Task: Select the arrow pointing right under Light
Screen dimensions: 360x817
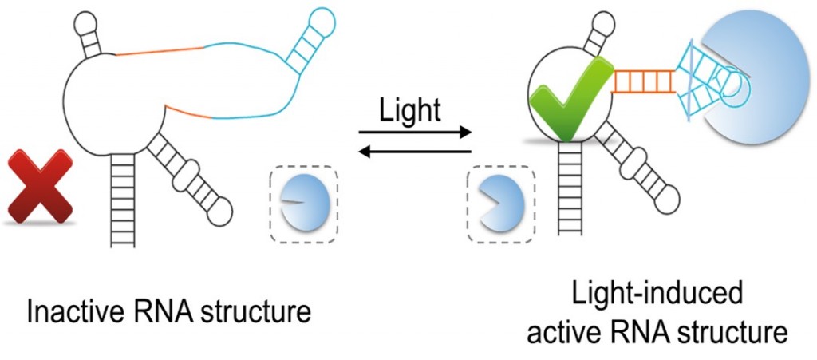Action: pyautogui.click(x=415, y=133)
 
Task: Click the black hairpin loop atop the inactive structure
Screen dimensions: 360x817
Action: pyautogui.click(x=85, y=19)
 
